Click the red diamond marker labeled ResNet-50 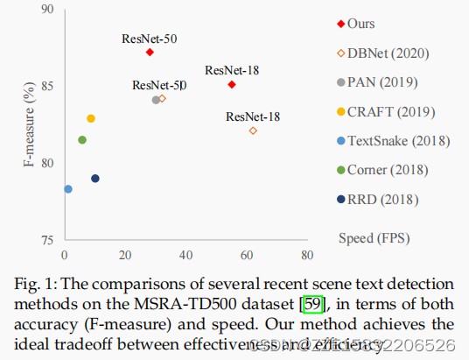click(150, 53)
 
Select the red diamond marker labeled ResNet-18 click(232, 84)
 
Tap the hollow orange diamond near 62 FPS click(253, 131)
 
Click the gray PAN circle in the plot click(156, 100)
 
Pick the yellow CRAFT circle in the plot click(91, 118)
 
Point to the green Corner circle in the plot click(82, 140)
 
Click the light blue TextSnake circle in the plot click(68, 189)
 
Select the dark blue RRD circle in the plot click(95, 179)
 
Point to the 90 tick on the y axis click(47, 10)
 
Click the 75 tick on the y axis click(47, 240)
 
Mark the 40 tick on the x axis click(185, 256)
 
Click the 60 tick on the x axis click(245, 256)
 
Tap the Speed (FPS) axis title click(374, 237)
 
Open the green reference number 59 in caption click(311, 305)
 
